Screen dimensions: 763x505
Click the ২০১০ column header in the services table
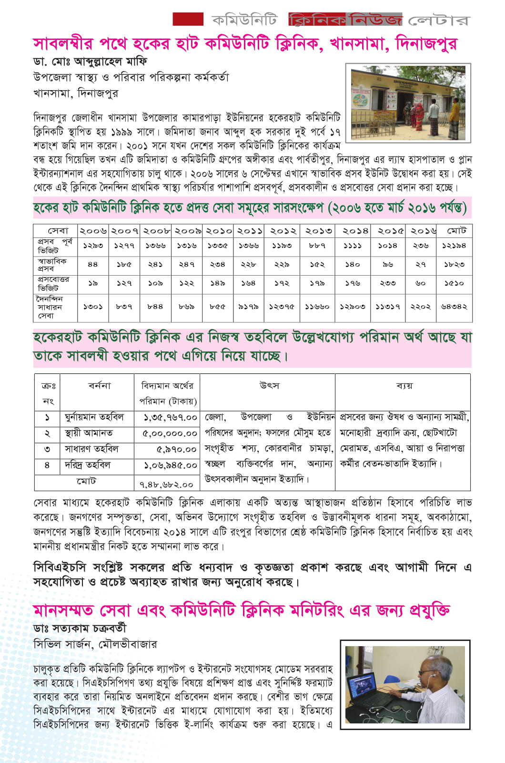click(218, 231)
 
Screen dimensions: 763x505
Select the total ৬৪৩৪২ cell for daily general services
click(454, 307)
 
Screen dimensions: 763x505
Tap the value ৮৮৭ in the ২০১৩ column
click(317, 246)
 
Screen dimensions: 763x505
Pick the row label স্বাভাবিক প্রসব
click(52, 265)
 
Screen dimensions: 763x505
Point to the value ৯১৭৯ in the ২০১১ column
click(248, 307)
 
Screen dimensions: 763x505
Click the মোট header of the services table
click(456, 231)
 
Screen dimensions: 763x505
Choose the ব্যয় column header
click(404, 385)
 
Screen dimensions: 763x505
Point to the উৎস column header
click(269, 385)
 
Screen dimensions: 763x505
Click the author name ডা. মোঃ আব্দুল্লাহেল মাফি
click(90, 62)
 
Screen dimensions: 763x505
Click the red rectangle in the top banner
click(188, 19)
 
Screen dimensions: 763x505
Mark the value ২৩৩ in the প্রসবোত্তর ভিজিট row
click(387, 284)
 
